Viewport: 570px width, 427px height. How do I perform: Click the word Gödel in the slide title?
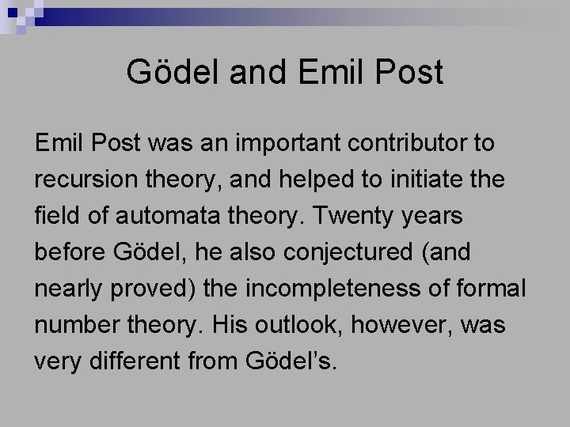(x=163, y=74)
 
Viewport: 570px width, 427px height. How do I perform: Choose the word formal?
(x=490, y=289)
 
